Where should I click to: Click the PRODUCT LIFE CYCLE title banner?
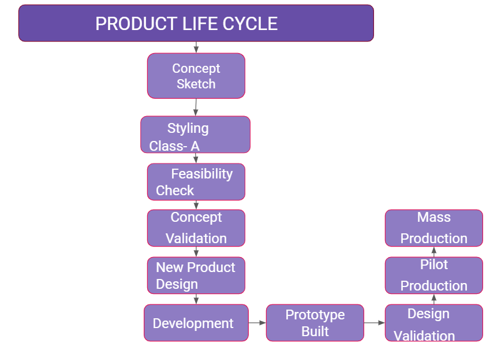point(196,23)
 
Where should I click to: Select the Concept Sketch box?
point(196,76)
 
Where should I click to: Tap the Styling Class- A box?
point(195,135)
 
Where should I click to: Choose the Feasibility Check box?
point(196,181)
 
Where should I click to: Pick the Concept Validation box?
point(196,228)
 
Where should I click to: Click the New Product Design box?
point(196,276)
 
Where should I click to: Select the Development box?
point(196,323)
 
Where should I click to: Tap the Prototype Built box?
point(315,323)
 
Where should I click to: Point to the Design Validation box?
point(433,323)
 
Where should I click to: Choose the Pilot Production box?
point(433,275)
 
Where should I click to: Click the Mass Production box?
point(433,228)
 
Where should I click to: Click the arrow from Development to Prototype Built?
point(257,323)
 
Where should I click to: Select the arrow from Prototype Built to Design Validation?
point(375,323)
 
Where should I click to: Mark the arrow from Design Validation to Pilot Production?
point(434,299)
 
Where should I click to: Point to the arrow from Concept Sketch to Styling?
point(196,107)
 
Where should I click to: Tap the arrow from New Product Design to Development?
point(196,299)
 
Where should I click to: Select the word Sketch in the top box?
point(196,84)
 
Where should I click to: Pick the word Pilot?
point(433,265)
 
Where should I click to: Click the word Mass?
point(433,217)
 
